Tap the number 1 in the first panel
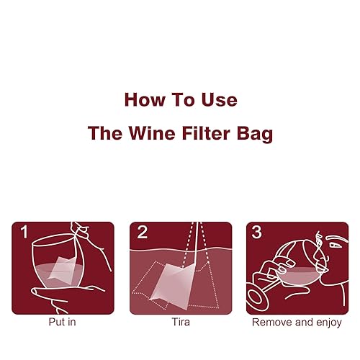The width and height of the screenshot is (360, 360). (x=23, y=233)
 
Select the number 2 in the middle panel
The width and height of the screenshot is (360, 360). (x=142, y=233)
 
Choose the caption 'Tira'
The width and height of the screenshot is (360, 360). (x=180, y=323)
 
